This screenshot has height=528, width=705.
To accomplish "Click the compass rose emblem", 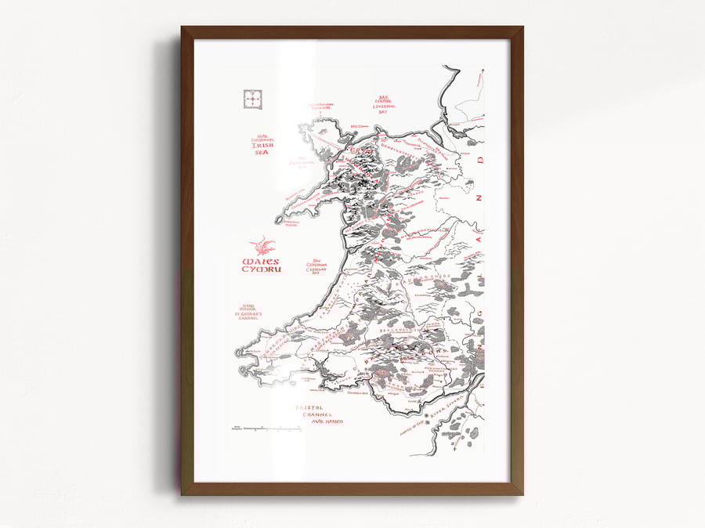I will point(252,100).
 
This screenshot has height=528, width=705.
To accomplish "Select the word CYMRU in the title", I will point(261,270).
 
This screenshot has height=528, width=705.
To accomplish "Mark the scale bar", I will point(270,429).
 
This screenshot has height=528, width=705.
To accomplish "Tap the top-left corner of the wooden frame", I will point(183,27).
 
